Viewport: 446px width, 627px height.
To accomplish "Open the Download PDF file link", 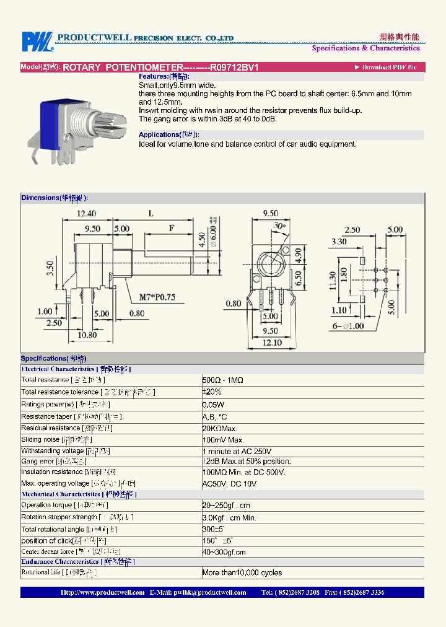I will coord(388,67).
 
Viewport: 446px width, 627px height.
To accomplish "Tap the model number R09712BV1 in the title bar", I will coord(235,67).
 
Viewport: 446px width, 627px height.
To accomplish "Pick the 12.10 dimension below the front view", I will coord(271,343).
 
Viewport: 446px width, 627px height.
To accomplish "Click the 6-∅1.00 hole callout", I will coord(350,326).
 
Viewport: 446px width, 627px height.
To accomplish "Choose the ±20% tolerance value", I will coord(212,392).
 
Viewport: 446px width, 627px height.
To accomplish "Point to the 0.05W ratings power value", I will coord(214,404).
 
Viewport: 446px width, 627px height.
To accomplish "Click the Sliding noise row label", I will coord(40,439).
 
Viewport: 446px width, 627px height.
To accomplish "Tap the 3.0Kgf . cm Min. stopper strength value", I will coord(229,517).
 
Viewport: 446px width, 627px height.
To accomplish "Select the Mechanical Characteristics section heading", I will coord(61,494).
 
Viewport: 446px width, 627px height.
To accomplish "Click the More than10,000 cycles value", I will coord(242,572).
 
